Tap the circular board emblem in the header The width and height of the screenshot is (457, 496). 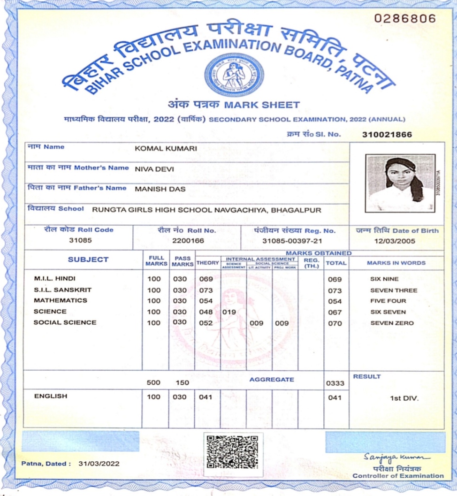point(234,74)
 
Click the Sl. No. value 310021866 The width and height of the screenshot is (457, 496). point(387,135)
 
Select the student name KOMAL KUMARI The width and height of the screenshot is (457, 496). point(166,148)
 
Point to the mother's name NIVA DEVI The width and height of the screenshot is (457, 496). point(154,169)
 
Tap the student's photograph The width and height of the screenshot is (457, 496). point(400,183)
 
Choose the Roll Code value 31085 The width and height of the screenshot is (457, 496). point(81,241)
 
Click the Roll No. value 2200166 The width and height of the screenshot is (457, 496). point(187,241)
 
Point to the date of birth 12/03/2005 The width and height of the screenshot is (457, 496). point(395,241)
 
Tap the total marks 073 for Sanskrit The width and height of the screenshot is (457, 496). point(335,290)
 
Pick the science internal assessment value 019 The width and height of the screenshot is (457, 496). point(229,312)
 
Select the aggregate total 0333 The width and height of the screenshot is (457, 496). point(335,383)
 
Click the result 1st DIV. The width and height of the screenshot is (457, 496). point(404,398)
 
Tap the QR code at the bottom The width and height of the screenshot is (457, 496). point(233,452)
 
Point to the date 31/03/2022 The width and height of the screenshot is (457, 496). point(99,464)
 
